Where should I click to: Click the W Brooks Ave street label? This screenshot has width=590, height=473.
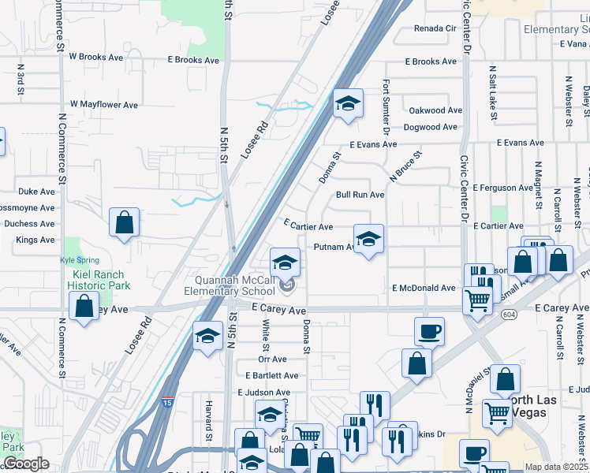[x=96, y=57]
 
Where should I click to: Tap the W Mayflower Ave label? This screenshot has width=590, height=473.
[x=104, y=104]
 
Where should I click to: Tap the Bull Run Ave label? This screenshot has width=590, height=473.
[x=360, y=195]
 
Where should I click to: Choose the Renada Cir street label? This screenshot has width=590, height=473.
[x=436, y=28]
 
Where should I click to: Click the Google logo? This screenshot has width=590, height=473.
[x=26, y=464]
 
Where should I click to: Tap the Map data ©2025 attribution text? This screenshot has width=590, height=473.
[x=556, y=467]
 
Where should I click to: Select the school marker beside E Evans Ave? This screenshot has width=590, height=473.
[x=347, y=103]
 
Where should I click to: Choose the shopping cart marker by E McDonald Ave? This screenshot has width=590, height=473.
[x=477, y=300]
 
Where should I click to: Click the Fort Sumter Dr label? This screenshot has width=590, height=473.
[x=386, y=106]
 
